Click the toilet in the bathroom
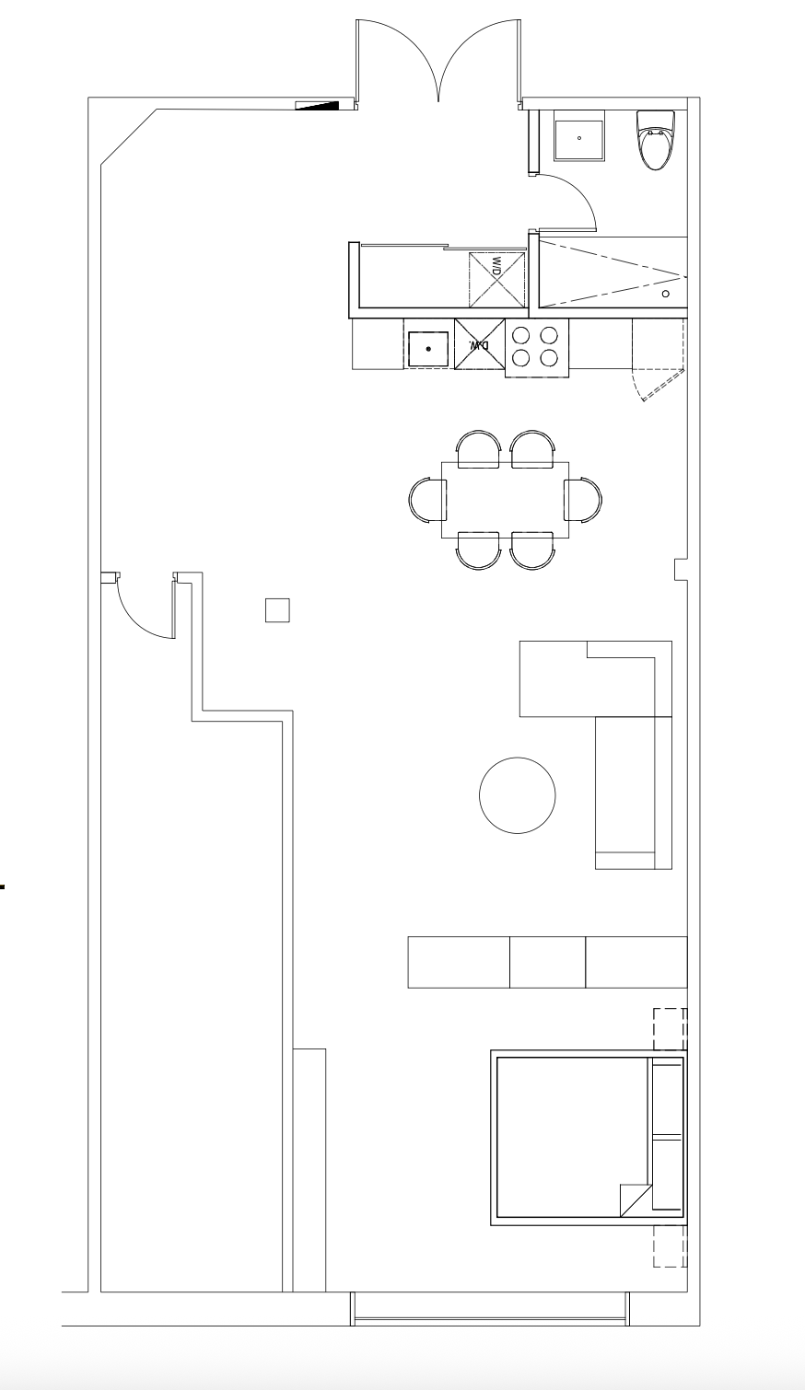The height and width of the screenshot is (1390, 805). click(x=656, y=140)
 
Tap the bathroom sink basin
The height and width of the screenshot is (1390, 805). click(x=579, y=138)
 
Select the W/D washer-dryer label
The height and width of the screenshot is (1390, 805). click(x=496, y=268)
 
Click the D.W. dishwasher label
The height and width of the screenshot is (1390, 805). click(x=479, y=345)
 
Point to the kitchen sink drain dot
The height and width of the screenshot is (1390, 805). click(x=428, y=350)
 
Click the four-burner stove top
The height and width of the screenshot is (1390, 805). click(x=536, y=348)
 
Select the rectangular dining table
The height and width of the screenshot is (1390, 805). click(x=506, y=500)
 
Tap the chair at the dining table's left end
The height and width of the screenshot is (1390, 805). click(x=427, y=500)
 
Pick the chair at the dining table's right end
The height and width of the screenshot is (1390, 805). click(x=583, y=500)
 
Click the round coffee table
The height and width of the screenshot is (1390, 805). click(x=517, y=795)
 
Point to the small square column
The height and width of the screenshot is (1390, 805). click(x=277, y=610)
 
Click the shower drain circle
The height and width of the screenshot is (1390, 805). click(x=666, y=295)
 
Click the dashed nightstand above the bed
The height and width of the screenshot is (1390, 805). click(x=671, y=1029)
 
